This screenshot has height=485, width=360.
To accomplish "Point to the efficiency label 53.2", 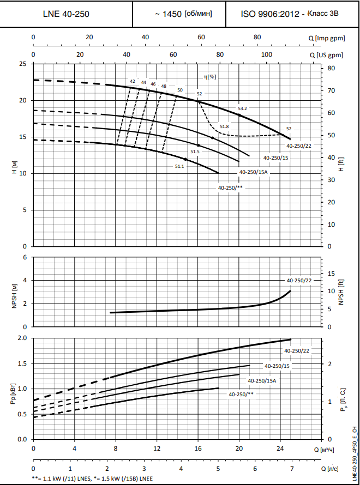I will coord(243,108).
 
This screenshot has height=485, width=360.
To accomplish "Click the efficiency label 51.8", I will coord(224,126).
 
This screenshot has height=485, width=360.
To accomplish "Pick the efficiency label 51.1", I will coord(179,166).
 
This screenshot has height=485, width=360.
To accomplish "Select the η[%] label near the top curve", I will coord(209,77).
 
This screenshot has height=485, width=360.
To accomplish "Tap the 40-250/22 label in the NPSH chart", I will coord(299,280).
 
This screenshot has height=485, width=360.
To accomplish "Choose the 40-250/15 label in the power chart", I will coord(277,366).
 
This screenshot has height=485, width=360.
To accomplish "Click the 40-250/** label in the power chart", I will coord(241,393).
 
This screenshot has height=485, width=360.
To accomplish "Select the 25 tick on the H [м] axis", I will coord(22,64).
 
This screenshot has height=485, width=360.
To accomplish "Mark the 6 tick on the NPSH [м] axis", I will coord(24,257).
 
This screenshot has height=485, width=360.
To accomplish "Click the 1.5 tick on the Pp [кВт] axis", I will coord(21,363).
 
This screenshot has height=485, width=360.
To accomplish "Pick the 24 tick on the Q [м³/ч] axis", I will coord(280,449).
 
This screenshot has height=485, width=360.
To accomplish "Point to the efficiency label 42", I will coord(133,81).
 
